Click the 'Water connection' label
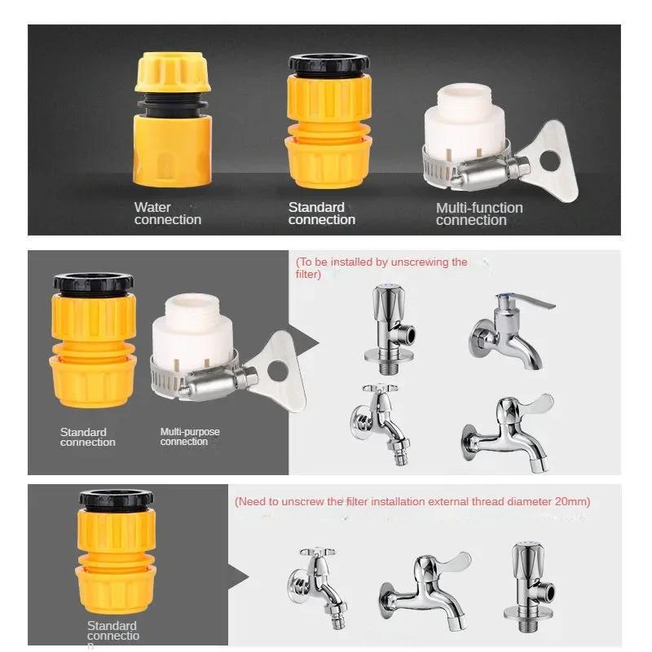click(167, 214)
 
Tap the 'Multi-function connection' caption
click(478, 214)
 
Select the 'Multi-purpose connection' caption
click(189, 437)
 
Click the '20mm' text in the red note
click(570, 502)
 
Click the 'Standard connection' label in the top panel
click(321, 214)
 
